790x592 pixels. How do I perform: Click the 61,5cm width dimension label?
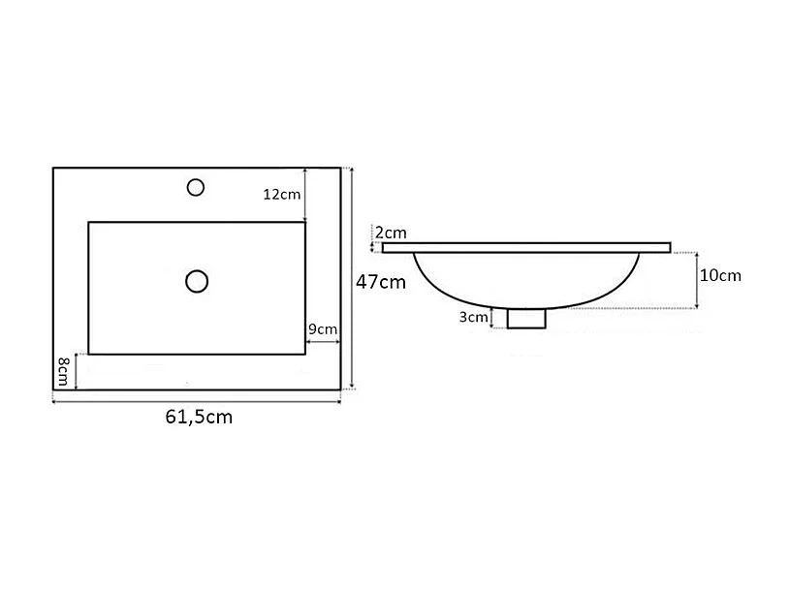click(x=199, y=418)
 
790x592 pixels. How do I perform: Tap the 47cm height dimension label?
click(x=380, y=282)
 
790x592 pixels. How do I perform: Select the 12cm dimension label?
click(x=282, y=194)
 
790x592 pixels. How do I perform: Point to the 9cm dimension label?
click(x=322, y=329)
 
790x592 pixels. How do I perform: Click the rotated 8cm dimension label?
click(x=62, y=369)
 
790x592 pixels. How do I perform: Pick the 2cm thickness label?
click(x=391, y=233)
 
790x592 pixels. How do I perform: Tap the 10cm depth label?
click(x=720, y=275)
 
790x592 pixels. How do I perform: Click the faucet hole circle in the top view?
click(x=196, y=186)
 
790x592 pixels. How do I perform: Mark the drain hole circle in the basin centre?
click(x=197, y=281)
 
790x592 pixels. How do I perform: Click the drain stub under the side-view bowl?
click(x=526, y=318)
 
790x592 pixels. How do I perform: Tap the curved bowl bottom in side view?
click(x=526, y=299)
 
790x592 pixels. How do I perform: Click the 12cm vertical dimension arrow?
click(x=305, y=194)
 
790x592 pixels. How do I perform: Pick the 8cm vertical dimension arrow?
click(x=76, y=371)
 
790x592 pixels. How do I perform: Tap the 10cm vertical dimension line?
click(x=697, y=279)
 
